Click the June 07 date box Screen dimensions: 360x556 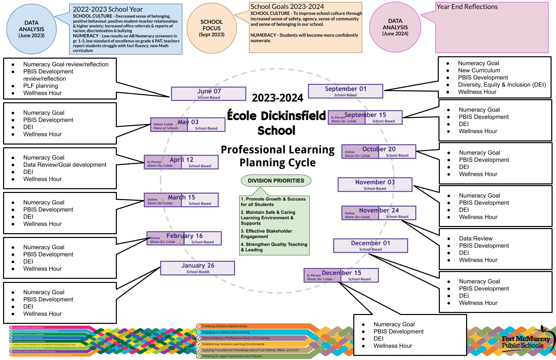click(x=208, y=94)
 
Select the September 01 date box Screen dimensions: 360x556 click(x=345, y=91)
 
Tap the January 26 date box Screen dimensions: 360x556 click(x=198, y=268)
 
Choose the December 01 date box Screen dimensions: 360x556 click(x=370, y=245)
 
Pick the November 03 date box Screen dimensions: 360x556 click(x=375, y=184)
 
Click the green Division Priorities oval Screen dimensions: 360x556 click(x=276, y=181)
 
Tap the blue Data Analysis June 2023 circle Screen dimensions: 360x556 click(x=31, y=29)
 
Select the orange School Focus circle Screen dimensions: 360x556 click(x=212, y=28)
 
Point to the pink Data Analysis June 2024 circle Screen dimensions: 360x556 click(x=395, y=27)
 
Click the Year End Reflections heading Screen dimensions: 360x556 click(x=467, y=7)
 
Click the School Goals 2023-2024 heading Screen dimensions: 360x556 click(x=287, y=6)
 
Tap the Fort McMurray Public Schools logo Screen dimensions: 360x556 click(x=526, y=342)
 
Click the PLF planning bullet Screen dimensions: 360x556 click(x=41, y=86)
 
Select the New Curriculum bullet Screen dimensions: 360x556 click(x=479, y=70)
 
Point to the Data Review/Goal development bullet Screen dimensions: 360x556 click(x=65, y=165)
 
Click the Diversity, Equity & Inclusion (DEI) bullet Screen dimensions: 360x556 click(x=502, y=85)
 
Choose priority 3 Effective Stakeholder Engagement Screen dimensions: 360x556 click(x=266, y=234)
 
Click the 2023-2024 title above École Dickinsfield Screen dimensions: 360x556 click(x=277, y=98)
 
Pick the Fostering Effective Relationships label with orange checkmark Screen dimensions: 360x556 click(x=225, y=326)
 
